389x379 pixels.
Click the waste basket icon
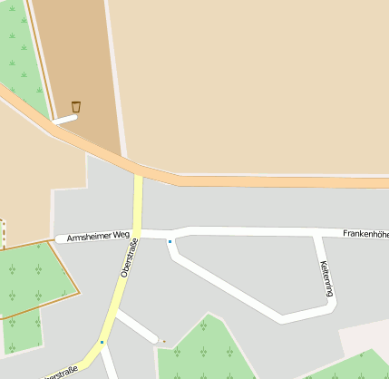click(x=76, y=107)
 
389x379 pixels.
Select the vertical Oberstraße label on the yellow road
click(x=128, y=257)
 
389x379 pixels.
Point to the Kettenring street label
click(x=326, y=277)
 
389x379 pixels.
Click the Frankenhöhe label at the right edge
click(x=365, y=234)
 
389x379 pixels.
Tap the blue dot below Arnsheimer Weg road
click(x=170, y=241)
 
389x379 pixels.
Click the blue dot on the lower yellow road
click(x=102, y=342)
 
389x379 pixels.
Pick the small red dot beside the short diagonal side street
click(x=164, y=341)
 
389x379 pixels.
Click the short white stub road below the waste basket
click(x=64, y=118)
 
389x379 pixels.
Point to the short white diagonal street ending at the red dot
click(x=138, y=326)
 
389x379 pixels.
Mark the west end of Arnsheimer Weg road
click(x=60, y=238)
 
